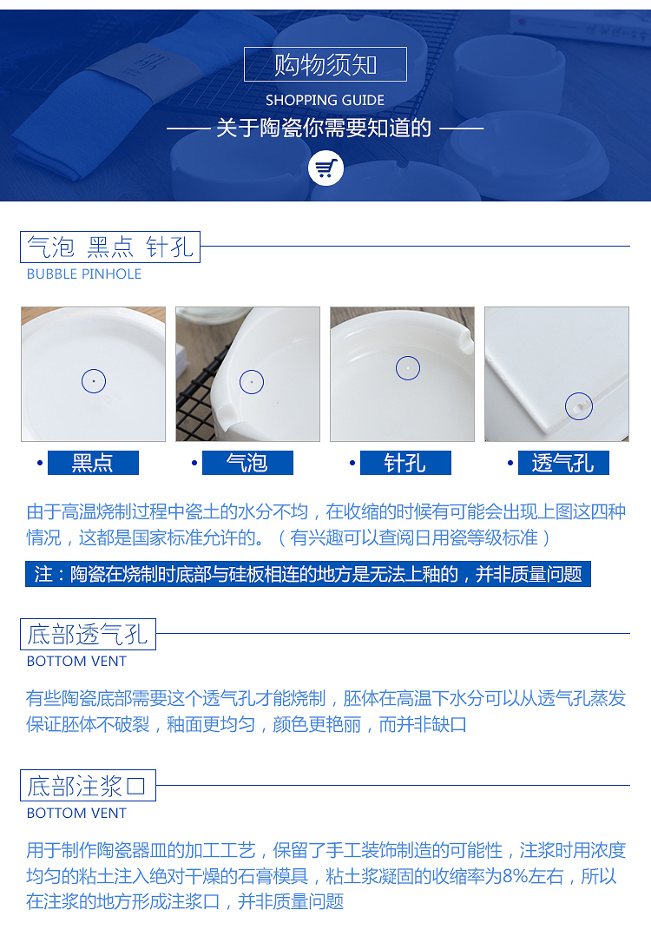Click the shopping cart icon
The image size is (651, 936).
click(x=325, y=168)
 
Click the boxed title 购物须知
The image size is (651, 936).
click(x=325, y=64)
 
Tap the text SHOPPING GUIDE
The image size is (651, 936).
click(x=325, y=101)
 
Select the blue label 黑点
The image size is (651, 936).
click(x=93, y=463)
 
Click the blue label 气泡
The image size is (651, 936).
click(x=247, y=463)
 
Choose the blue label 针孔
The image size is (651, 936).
click(x=405, y=463)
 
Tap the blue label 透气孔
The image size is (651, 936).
click(x=563, y=463)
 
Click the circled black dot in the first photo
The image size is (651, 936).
click(x=94, y=381)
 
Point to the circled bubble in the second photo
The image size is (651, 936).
click(x=252, y=381)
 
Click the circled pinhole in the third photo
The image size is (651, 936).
click(x=408, y=368)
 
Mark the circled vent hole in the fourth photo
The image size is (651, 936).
click(x=579, y=406)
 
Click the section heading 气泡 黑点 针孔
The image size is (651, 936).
click(x=110, y=247)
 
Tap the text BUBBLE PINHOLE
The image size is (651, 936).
click(x=84, y=274)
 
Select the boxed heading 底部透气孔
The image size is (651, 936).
click(x=88, y=634)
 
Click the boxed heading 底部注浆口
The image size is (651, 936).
click(x=88, y=786)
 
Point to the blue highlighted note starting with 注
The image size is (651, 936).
click(x=308, y=574)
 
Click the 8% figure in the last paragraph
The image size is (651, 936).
click(x=515, y=876)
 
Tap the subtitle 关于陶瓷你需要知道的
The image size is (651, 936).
click(x=324, y=128)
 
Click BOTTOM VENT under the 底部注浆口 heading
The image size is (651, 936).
click(x=77, y=813)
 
